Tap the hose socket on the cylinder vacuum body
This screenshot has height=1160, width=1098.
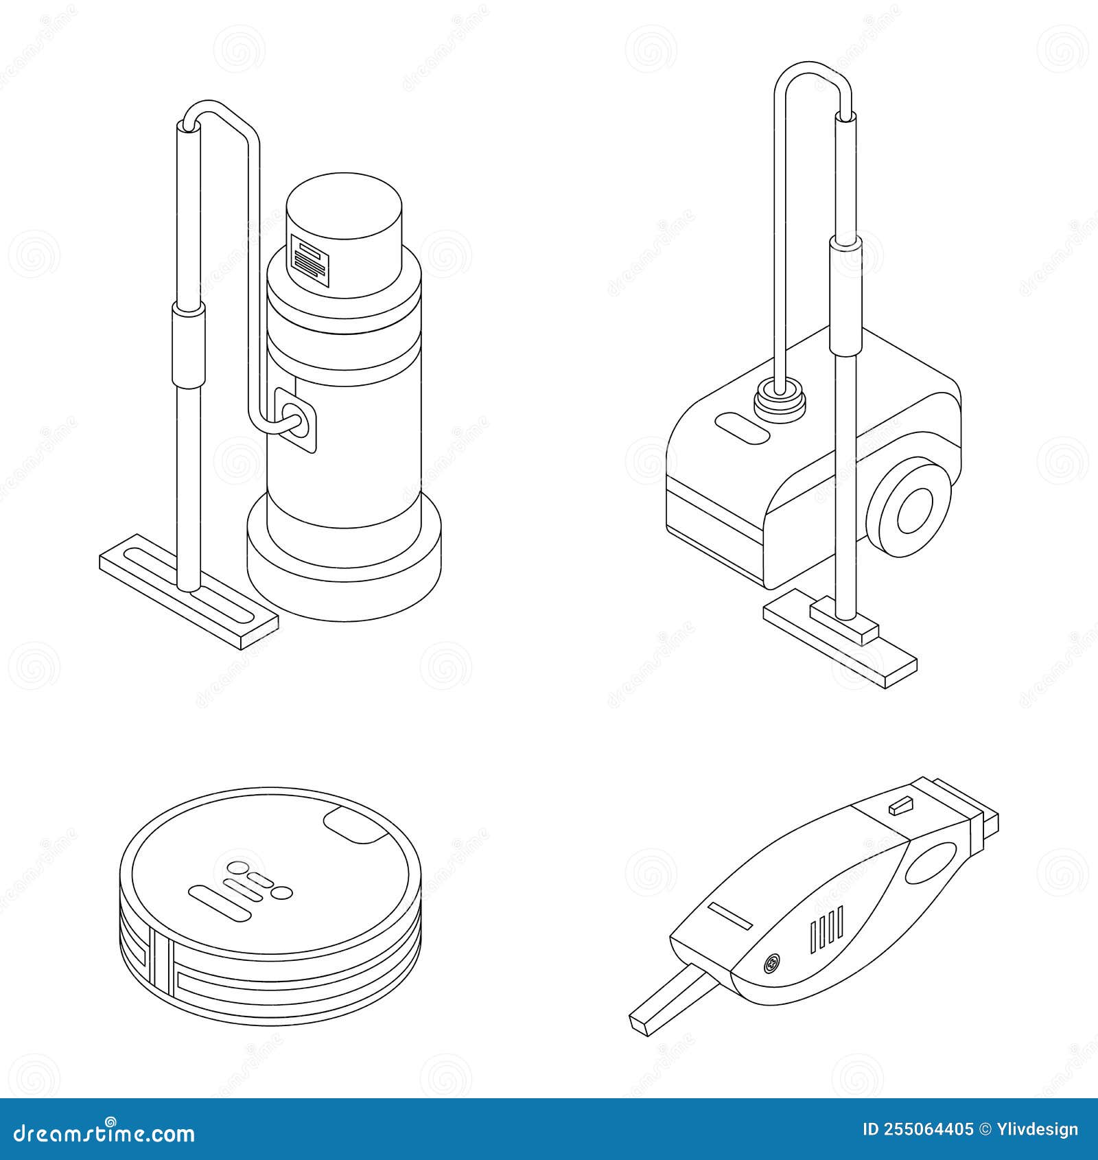tap(295, 419)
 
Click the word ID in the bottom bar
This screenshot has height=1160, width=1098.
tap(871, 1130)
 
